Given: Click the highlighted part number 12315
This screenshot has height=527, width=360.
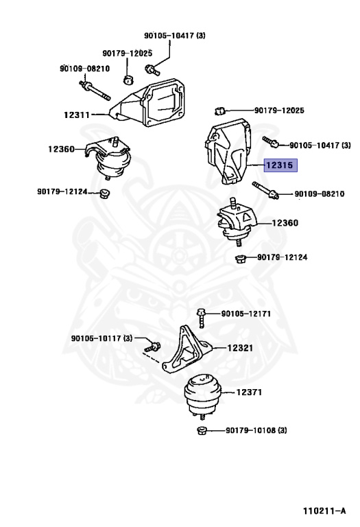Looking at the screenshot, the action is (280, 165).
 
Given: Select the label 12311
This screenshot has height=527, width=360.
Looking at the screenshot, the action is (77, 115).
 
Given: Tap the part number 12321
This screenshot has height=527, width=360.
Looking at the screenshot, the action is (240, 348).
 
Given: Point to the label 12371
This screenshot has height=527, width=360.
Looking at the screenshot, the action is (249, 393).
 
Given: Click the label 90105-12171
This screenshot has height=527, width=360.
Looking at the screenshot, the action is (245, 314).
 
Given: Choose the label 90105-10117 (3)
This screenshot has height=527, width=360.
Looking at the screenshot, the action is (101, 338).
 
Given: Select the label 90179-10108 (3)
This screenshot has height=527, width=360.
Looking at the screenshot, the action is (256, 430).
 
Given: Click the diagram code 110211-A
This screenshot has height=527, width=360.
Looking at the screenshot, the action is (324, 511).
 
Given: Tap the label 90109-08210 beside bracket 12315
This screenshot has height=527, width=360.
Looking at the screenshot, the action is (320, 194).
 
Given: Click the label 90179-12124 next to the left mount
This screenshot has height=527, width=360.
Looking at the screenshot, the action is (62, 191).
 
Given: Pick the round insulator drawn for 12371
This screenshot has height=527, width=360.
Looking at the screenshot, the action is (203, 396).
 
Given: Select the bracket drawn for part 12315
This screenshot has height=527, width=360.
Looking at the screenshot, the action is (228, 150).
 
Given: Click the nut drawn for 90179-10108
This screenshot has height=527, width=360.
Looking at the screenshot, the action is (201, 430).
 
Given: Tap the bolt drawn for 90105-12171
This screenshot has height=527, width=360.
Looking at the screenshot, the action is (201, 318).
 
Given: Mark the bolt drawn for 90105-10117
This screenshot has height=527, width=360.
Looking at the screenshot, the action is (152, 347).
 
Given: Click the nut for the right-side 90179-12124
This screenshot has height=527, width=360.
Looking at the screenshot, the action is (240, 259).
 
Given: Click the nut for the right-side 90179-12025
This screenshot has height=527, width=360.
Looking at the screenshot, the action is (219, 110).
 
